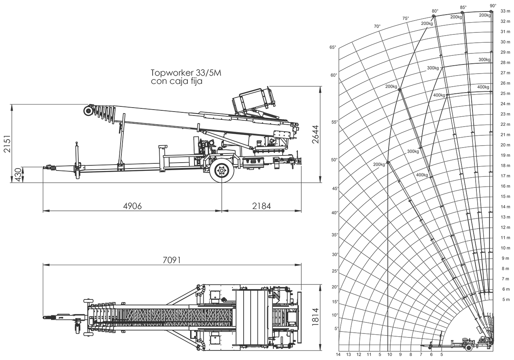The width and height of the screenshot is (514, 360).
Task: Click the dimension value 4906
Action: [x=132, y=206]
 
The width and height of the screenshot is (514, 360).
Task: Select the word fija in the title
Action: [x=195, y=82]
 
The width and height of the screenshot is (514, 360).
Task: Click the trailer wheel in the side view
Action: [x=221, y=171]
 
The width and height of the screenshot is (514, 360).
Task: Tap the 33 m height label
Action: [x=505, y=11]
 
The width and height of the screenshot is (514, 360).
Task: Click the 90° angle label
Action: [x=493, y=6]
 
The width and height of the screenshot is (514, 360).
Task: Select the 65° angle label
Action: [x=333, y=47]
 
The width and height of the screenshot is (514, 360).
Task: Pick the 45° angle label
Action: [x=336, y=189]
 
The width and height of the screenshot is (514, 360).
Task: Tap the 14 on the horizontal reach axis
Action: [x=338, y=354]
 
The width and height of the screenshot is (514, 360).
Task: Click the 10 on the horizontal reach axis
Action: [x=389, y=354]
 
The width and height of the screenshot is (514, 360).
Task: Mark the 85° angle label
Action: [x=463, y=7]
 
